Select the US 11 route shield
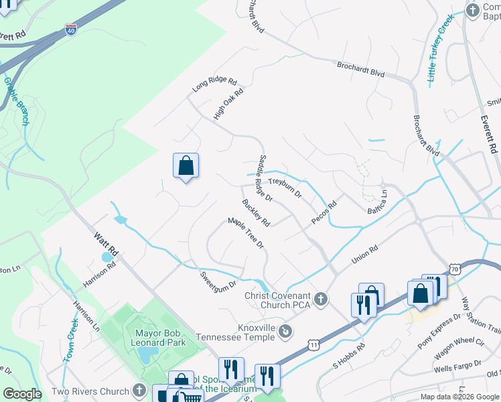(313, 344)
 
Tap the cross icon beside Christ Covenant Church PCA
(321, 298)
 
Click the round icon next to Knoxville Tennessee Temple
(286, 330)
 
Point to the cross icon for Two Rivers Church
(139, 391)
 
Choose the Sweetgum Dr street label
(218, 279)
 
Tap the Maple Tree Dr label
(246, 233)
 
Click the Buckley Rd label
(256, 212)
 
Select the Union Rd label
(365, 255)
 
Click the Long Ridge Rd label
(214, 85)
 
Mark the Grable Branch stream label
(16, 101)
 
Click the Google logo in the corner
(22, 393)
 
